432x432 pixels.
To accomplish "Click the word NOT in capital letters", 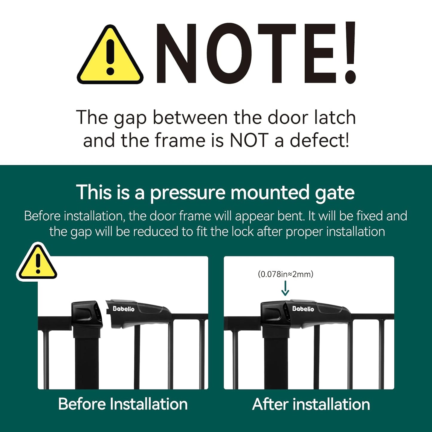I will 249,141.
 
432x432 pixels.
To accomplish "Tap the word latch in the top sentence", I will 335,117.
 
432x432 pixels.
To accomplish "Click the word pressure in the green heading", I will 187,193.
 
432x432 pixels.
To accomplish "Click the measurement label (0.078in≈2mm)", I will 286,274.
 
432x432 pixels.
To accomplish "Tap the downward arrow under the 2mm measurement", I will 285,288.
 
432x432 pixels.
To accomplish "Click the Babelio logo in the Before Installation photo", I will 123,309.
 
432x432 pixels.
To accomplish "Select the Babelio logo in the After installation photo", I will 303,309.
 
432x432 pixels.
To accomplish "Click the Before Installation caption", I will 123,404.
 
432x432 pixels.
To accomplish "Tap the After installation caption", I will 311,404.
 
